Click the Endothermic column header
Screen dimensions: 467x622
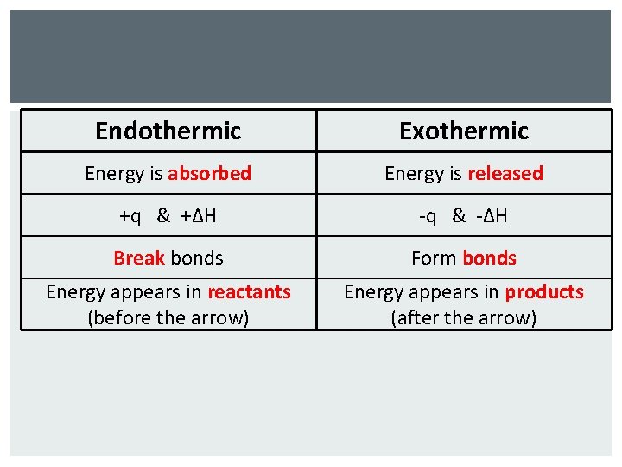pyautogui.click(x=168, y=131)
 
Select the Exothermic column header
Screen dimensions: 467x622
pyautogui.click(x=464, y=131)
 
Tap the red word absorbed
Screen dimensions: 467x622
pyautogui.click(x=209, y=173)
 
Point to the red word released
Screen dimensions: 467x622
pyautogui.click(x=505, y=173)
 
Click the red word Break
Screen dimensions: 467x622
pyautogui.click(x=139, y=258)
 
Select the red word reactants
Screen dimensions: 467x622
pyautogui.click(x=249, y=292)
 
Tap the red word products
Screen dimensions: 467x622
pyautogui.click(x=544, y=292)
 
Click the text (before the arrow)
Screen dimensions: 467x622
pyautogui.click(x=168, y=317)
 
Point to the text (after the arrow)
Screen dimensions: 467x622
pyautogui.click(x=464, y=317)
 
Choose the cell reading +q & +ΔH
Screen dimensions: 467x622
pyautogui.click(x=168, y=215)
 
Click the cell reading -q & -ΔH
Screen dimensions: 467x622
pyautogui.click(x=464, y=215)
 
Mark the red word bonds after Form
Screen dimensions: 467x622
pyautogui.click(x=489, y=258)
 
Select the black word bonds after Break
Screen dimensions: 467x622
pyautogui.click(x=197, y=258)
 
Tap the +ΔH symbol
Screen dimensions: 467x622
pyautogui.click(x=200, y=215)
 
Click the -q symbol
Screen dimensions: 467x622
pyautogui.click(x=427, y=215)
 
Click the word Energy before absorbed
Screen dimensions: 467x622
pyautogui.click(x=112, y=173)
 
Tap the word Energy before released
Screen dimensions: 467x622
pyautogui.click(x=412, y=173)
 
